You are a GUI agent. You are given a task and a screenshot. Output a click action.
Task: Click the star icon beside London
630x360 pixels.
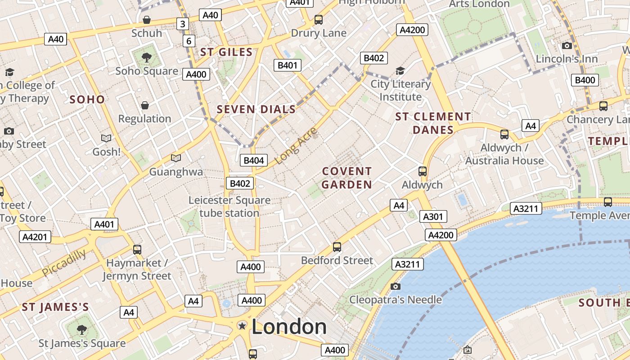coord(242,325)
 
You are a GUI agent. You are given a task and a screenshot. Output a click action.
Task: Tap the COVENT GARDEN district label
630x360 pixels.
coord(346,178)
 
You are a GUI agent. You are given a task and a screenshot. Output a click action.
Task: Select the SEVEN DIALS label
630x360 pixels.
coord(256,109)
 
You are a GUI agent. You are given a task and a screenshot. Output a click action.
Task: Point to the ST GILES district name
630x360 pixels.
coord(226,52)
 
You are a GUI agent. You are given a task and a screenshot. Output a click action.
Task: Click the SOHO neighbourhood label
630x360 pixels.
coord(87,99)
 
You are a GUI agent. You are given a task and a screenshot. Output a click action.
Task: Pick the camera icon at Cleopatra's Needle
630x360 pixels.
coord(396,286)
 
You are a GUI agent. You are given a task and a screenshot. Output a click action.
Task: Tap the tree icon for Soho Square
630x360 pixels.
coord(146,57)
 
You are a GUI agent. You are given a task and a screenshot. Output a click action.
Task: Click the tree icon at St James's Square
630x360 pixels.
coord(81,330)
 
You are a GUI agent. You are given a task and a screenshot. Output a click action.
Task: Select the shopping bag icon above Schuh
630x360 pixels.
coord(146,20)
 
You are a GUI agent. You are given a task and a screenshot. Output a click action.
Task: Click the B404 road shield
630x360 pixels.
coord(254,160)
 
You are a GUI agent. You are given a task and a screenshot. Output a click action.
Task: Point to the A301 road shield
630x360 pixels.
coord(433,216)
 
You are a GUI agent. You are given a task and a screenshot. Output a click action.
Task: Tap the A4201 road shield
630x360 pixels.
coord(35,237)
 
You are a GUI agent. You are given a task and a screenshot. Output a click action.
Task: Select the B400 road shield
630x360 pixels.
coord(585,80)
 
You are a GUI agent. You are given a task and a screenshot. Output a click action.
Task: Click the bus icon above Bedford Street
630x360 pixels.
coord(337,247)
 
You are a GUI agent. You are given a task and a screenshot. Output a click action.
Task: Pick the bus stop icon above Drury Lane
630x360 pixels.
coord(319,20)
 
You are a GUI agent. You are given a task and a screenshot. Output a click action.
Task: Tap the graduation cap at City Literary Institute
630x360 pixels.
coord(400,71)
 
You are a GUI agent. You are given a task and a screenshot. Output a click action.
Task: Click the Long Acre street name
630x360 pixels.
coord(296,145)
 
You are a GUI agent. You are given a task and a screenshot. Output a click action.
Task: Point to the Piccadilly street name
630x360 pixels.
coord(64,263)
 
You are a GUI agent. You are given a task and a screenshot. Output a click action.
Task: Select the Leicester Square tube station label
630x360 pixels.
coord(229,207)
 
